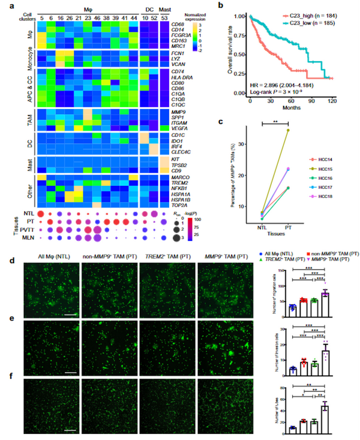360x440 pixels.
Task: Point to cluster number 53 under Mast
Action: (x=164, y=17)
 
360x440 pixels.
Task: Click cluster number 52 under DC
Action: (x=153, y=17)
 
